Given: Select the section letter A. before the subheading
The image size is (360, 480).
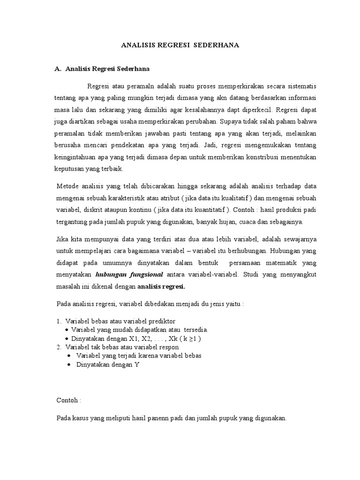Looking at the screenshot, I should click(59, 69).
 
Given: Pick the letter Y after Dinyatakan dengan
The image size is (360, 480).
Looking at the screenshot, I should click(137, 364).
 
